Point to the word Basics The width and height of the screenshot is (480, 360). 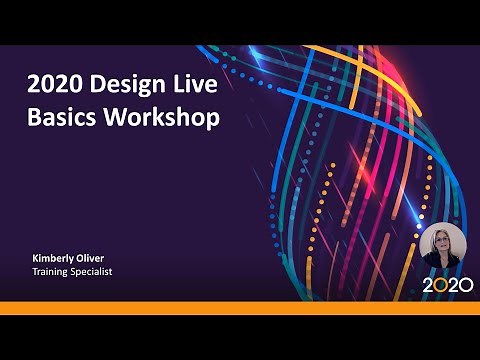coord(62,118)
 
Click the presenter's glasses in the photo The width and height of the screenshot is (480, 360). coord(442,242)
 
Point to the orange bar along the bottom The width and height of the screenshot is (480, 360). coord(240,307)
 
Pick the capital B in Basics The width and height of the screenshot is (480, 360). coord(33,118)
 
